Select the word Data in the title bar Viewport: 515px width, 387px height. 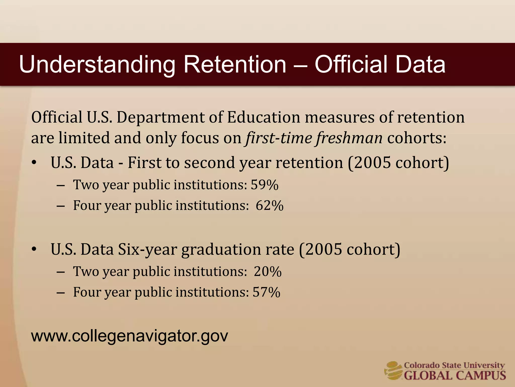420,64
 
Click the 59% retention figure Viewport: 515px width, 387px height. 265,185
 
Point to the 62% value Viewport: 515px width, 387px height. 270,205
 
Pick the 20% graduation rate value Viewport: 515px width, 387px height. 268,272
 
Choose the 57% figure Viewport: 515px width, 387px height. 266,292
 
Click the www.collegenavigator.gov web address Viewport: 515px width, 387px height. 130,336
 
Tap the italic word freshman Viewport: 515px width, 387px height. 349,138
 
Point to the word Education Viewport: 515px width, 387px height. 264,117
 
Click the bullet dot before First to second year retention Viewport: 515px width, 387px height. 34,163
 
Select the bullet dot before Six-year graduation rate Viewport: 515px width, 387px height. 34,249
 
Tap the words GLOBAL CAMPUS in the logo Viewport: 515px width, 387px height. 455,375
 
